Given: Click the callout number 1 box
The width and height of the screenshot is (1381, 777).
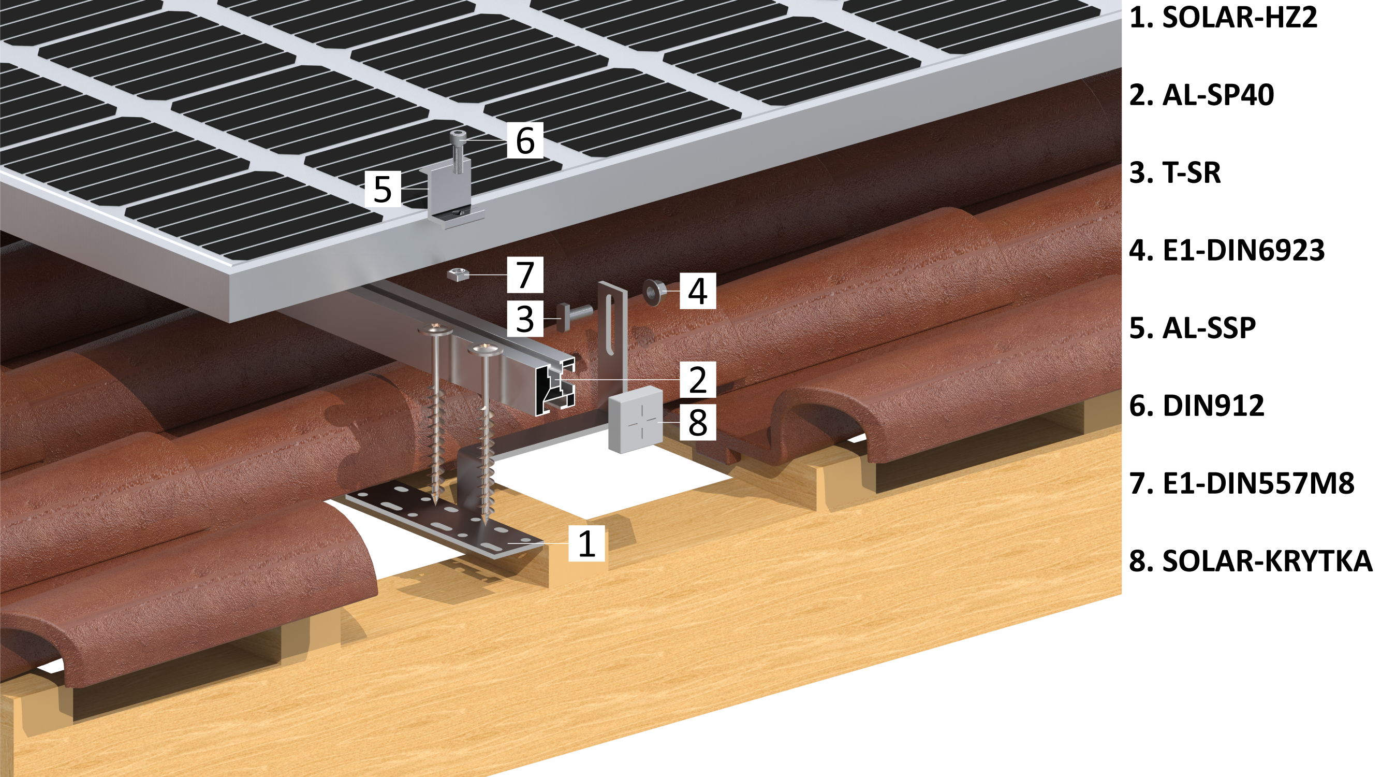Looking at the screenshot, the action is pos(586,543).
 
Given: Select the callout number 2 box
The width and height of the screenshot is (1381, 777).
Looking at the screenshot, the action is pos(697,379).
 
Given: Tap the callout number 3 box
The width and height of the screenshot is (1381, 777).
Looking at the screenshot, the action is pos(525,318).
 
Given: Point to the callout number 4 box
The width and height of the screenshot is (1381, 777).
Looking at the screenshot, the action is pos(697,290).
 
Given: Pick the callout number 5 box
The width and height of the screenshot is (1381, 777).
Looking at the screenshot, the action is pos(382,189).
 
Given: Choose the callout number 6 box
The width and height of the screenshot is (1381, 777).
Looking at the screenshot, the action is pos(525,140).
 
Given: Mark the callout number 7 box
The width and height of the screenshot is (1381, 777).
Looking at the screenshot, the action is pos(525,274).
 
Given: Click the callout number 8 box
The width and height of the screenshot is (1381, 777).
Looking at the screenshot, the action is pos(697,422).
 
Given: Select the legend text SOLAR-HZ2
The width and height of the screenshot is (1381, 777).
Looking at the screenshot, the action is pos(1240,18).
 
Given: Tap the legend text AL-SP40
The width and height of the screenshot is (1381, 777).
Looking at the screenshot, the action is pos(1218,95).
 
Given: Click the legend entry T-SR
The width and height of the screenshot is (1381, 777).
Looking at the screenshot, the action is pos(1191,173).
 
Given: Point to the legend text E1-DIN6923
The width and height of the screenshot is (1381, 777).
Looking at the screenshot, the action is pos(1243,250).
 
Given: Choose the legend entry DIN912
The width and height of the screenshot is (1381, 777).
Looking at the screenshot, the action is pos(1213,406).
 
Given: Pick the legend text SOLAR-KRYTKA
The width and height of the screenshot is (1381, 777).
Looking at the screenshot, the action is pos(1267,562).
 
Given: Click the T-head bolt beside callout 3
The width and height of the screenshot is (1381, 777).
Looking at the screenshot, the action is pos(575,316).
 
